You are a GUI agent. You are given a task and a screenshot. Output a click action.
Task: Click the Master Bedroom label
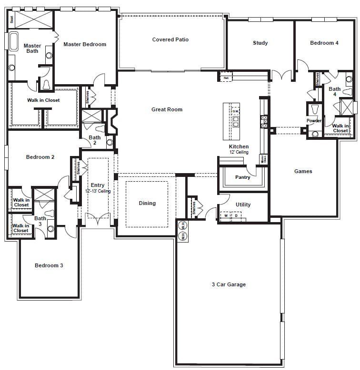(85, 44)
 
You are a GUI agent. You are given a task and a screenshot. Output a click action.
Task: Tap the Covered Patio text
(170, 39)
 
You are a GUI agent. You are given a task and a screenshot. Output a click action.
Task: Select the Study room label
(260, 43)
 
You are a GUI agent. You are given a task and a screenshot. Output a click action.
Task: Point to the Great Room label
(167, 109)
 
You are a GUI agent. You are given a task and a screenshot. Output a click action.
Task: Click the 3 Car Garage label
(229, 284)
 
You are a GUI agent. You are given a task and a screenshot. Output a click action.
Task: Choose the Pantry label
(243, 177)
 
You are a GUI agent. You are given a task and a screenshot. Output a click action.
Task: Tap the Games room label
(303, 171)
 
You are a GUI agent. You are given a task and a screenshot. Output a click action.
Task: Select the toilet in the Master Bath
(47, 85)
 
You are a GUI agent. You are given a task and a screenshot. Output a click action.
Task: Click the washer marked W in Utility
(226, 216)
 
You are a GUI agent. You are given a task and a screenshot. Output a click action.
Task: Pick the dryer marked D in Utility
(236, 216)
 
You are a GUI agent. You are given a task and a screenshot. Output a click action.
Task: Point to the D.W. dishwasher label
(235, 111)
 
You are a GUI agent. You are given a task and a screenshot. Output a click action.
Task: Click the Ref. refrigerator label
(226, 78)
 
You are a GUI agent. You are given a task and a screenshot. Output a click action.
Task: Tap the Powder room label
(314, 121)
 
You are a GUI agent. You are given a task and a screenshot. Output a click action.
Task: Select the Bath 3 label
(40, 221)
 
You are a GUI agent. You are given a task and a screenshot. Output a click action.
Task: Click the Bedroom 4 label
(324, 43)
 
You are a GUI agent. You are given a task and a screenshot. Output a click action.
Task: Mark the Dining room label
(147, 203)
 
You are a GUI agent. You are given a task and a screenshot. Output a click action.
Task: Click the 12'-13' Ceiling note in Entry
(98, 191)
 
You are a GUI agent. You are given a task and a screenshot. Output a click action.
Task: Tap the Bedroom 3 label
(49, 265)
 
